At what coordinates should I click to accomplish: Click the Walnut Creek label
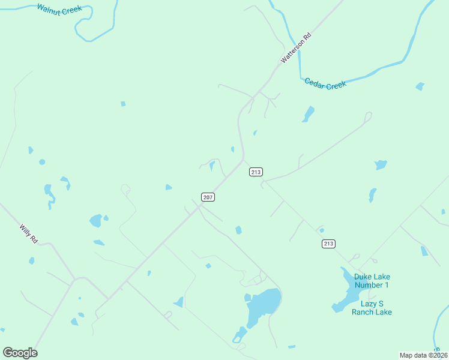59,9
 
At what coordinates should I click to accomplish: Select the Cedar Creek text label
325,84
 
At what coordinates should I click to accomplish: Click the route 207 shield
208,197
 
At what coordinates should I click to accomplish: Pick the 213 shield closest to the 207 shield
256,172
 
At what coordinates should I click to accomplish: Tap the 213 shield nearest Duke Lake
328,243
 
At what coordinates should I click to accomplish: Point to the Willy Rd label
29,233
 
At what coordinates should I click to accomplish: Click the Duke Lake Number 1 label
372,281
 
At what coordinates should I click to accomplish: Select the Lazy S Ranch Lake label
372,308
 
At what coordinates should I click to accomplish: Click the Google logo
20,352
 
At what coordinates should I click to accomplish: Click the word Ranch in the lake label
366,312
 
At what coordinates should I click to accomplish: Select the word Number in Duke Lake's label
372,285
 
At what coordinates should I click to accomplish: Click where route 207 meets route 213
243,160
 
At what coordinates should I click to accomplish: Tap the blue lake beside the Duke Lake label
346,291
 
